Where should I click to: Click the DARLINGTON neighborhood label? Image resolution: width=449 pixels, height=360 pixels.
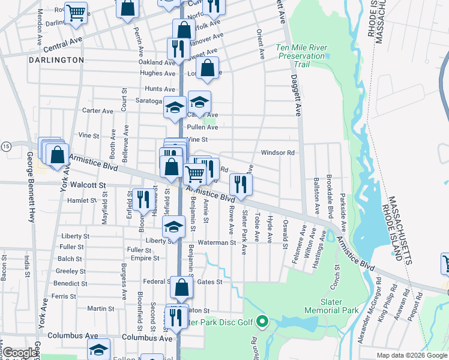coord(55,60)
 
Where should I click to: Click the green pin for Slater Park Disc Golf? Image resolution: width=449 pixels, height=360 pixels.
coord(262,322)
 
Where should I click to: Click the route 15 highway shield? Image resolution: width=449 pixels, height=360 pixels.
coord(5,146)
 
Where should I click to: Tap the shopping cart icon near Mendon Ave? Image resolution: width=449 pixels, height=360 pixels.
coord(76,13)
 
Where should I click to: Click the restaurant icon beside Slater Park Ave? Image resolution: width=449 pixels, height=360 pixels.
coord(241,184)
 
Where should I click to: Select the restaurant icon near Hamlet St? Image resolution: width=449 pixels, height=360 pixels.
coord(142,199)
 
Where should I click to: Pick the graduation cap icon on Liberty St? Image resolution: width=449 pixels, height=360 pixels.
coord(173,226)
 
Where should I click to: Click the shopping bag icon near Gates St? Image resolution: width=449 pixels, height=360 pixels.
coord(181,289)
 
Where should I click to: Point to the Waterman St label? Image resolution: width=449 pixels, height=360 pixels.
coord(217,242)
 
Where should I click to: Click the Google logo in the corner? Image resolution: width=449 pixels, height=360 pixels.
coord(20,353)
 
